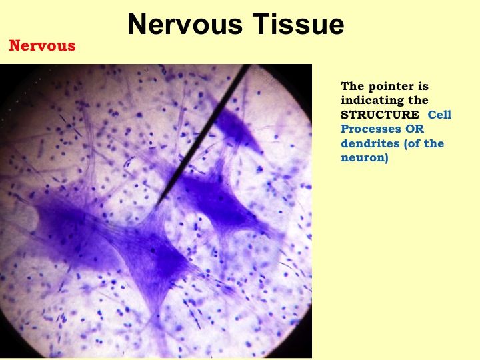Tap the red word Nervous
42,45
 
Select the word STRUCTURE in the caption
380,115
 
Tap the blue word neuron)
365,157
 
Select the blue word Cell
439,115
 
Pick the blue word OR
415,129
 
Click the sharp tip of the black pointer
155,206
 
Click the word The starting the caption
353,86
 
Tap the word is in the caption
423,86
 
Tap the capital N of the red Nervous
15,45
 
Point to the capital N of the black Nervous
136,24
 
